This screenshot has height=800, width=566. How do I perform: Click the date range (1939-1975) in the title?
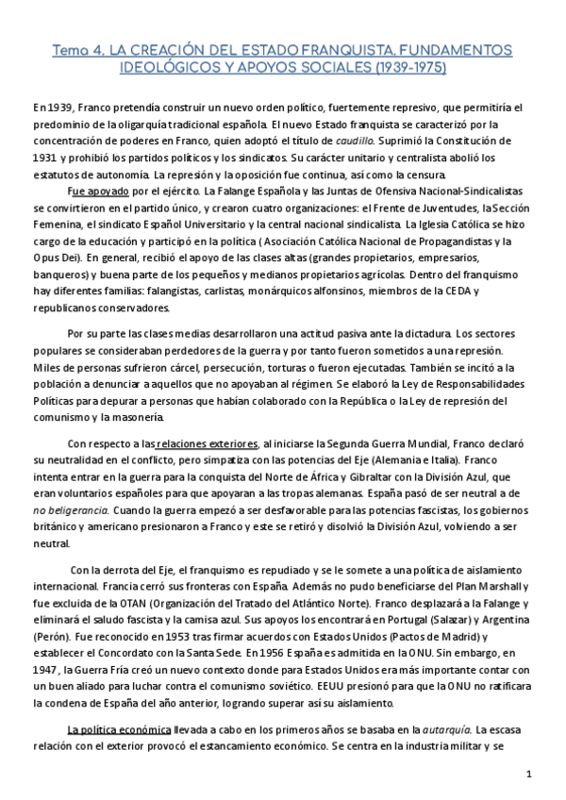tap(408, 68)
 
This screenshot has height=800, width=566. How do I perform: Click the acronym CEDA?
tap(452, 291)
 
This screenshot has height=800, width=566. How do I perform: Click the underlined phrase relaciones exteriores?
tap(208, 443)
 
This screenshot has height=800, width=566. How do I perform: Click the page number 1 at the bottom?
tap(530, 775)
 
